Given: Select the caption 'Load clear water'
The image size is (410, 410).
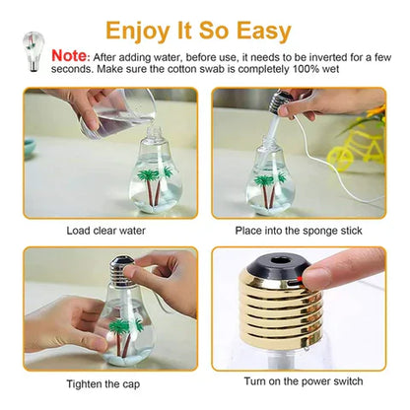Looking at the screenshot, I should pos(106,230).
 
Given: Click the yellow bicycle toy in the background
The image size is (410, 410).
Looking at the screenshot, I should pos(354,154).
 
